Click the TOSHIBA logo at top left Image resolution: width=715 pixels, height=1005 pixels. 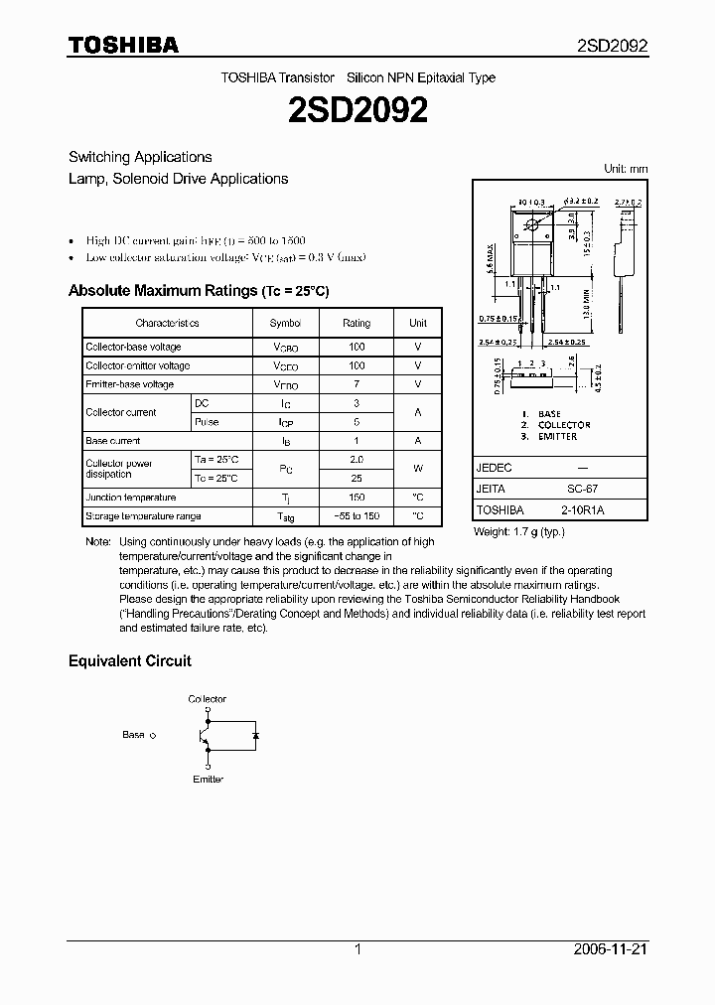click(123, 45)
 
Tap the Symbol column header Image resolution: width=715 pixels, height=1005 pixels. click(285, 323)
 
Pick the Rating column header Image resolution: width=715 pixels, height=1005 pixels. click(357, 323)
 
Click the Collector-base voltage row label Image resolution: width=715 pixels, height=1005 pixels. click(133, 347)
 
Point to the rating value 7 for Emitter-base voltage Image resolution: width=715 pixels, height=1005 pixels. click(357, 384)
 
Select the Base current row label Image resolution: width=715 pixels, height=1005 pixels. click(113, 440)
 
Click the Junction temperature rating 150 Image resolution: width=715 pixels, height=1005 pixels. click(357, 498)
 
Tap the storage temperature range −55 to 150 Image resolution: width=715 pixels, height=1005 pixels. click(357, 516)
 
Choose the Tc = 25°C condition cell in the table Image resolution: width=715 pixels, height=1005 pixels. click(216, 478)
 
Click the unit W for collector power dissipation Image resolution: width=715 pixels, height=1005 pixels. click(418, 468)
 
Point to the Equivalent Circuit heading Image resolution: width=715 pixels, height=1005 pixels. click(129, 660)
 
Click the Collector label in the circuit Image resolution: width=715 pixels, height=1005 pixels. click(208, 699)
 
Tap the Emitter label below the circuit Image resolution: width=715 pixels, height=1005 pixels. click(208, 779)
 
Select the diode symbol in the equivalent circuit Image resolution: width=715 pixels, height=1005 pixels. click(255, 736)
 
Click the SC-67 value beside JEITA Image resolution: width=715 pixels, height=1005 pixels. click(582, 489)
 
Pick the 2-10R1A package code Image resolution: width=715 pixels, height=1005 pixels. click(582, 509)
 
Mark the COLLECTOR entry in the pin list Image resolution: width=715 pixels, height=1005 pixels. click(564, 425)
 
